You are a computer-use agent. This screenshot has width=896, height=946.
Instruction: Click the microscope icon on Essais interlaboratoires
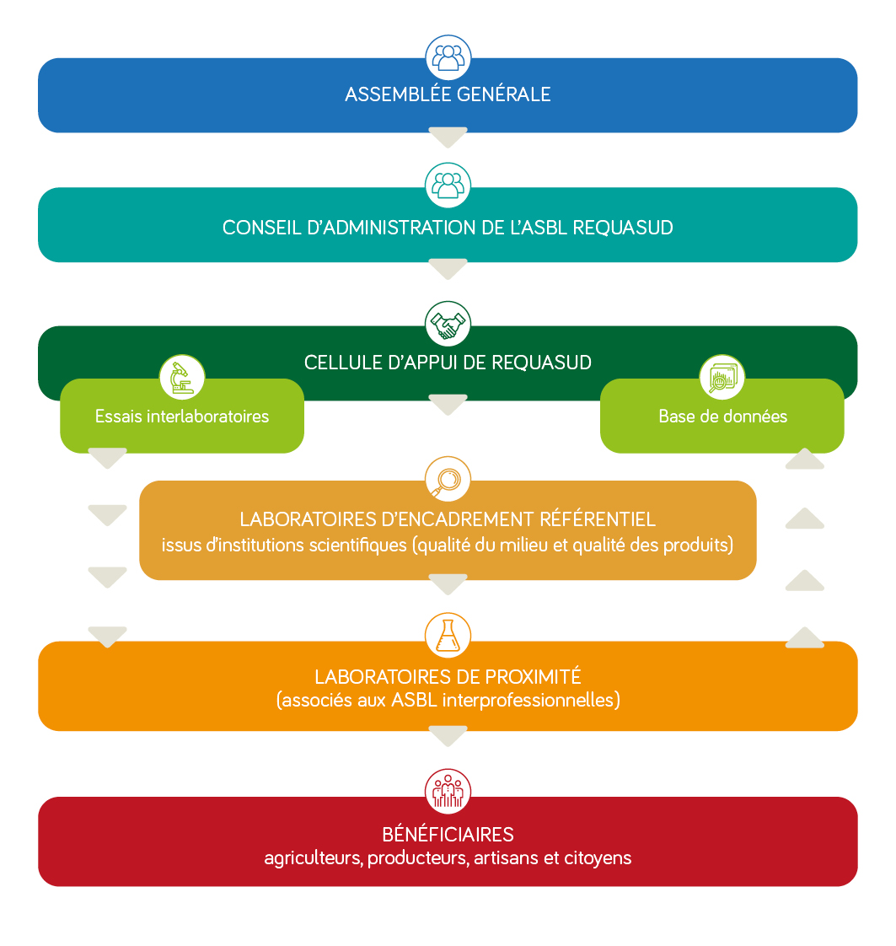(182, 378)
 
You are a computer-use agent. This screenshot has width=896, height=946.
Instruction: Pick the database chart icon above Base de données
(722, 378)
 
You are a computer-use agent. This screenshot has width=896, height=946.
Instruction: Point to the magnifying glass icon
(448, 480)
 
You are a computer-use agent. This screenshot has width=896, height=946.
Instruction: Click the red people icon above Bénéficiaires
(448, 791)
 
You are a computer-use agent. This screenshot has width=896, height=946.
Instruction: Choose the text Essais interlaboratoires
(182, 417)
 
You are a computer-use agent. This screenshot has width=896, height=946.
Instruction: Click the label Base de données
(722, 417)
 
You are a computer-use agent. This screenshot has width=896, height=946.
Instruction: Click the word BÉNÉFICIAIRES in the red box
(448, 835)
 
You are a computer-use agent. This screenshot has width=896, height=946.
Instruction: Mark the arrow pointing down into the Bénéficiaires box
(448, 737)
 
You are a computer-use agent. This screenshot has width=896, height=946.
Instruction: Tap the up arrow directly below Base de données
(805, 460)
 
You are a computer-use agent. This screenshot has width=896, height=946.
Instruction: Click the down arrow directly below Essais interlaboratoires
(107, 460)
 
